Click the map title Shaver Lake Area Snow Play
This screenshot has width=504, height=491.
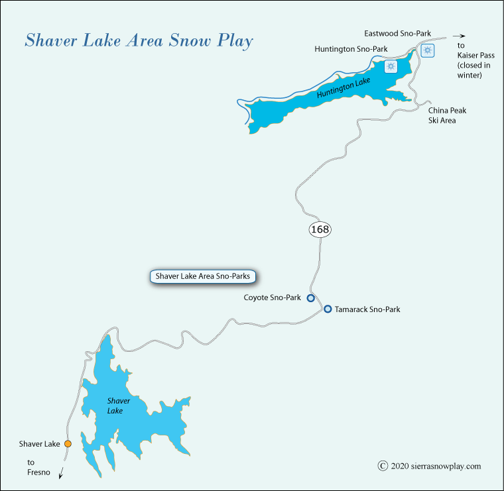pos(139,41)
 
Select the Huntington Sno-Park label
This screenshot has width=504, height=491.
pos(351,48)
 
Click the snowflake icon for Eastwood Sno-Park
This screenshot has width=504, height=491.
pos(428,50)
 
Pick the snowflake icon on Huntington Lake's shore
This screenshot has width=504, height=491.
pos(391,66)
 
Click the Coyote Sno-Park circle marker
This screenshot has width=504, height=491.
pos(310,298)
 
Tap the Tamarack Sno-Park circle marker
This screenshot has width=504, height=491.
pos(328,309)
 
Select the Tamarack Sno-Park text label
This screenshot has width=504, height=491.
pos(367,309)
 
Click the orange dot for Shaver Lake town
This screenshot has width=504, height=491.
pos(67,444)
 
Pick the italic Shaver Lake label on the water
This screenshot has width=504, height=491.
pos(119,406)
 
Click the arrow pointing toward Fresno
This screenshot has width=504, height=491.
pos(62,472)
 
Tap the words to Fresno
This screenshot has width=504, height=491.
pos(34,468)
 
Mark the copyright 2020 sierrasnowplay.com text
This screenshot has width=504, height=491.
pos(430,466)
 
